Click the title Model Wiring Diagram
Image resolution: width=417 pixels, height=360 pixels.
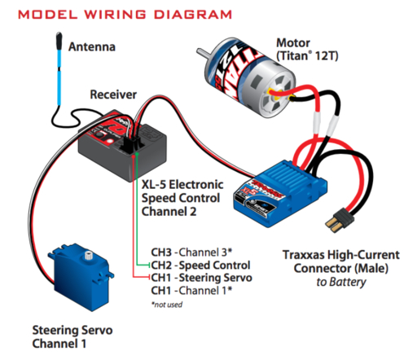tap(121, 14)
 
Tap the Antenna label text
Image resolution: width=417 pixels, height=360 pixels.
tap(91, 46)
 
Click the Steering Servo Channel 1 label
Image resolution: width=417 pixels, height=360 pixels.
tap(71, 337)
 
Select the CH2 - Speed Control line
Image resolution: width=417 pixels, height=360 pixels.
tap(200, 265)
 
